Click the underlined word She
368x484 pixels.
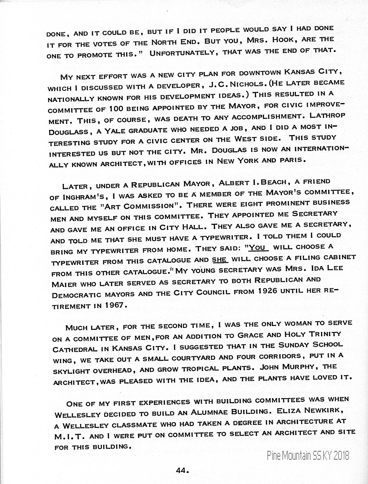[220, 260]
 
